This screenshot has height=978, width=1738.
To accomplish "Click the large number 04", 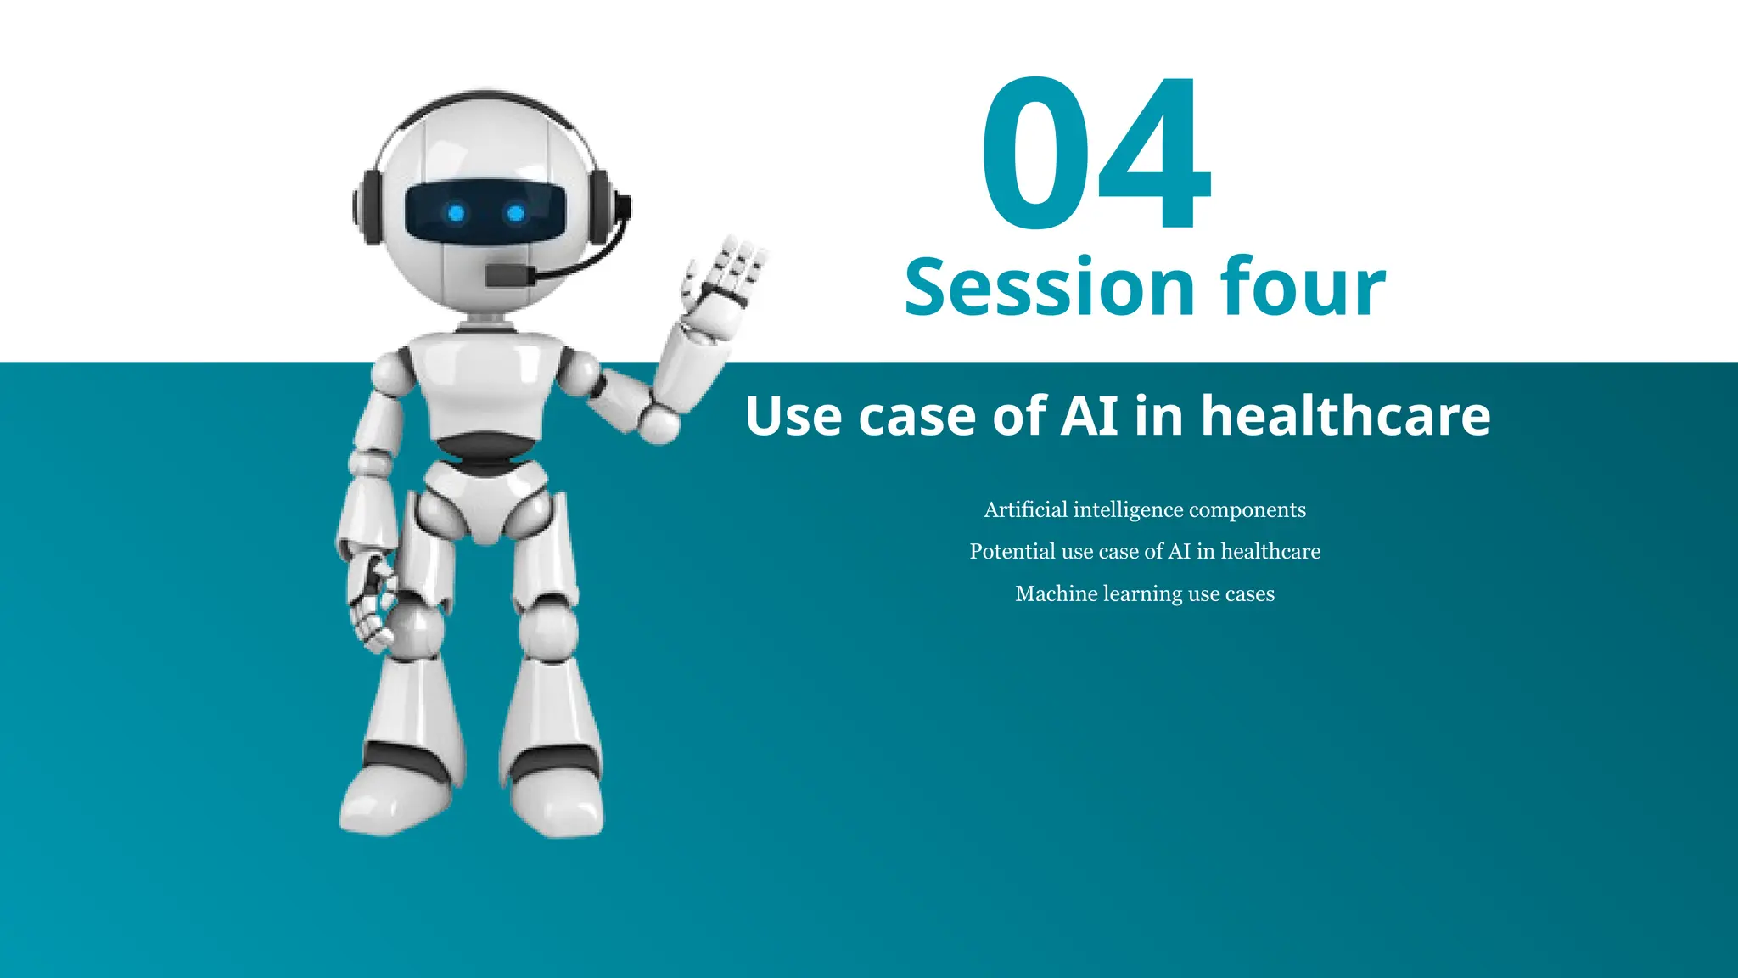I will [1095, 155].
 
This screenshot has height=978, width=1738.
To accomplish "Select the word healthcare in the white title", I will [1345, 416].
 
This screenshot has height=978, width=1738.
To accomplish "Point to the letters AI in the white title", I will [1090, 416].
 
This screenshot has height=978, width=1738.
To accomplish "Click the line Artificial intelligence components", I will [1145, 509].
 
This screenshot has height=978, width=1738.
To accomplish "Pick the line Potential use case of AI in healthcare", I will [1145, 552].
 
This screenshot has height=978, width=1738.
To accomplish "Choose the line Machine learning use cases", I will [1145, 593].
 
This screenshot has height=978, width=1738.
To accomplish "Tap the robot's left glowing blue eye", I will [456, 213].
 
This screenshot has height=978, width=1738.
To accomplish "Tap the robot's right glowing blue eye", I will [515, 213].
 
